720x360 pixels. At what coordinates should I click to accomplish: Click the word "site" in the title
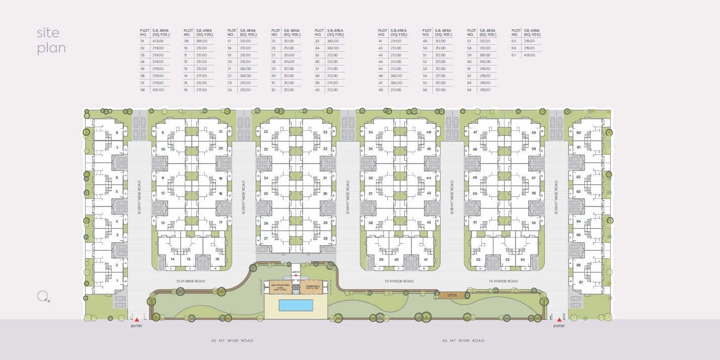[x=48, y=33]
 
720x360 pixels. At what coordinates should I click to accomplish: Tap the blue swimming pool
[x=296, y=305]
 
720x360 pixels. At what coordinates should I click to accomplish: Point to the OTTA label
[x=445, y=295]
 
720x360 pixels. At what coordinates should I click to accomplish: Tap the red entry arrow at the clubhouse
[x=296, y=275]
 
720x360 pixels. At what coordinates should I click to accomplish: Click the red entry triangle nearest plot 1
[x=136, y=320]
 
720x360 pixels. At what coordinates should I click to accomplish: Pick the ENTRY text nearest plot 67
[x=559, y=326]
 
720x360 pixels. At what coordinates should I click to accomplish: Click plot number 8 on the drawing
[x=117, y=133]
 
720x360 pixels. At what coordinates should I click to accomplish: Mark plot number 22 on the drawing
[x=265, y=132]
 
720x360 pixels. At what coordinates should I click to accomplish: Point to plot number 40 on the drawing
[x=396, y=259]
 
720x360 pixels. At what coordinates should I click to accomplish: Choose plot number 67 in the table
[x=514, y=55]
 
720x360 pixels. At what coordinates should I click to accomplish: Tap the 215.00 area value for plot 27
[x=289, y=55]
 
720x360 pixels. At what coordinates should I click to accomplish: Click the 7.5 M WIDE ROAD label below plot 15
[x=190, y=281]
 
